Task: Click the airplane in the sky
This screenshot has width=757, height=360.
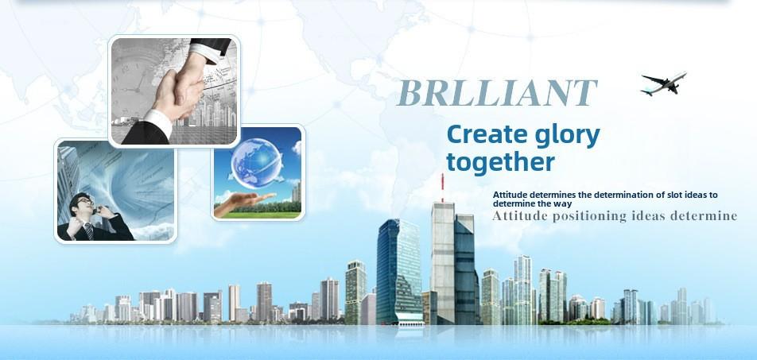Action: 664,83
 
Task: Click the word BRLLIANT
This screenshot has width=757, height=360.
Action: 497,93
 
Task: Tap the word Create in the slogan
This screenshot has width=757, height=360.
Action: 487,135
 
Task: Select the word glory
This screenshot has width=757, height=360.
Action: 568,137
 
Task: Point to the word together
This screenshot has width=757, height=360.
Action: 501,162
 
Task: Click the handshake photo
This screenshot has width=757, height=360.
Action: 174,91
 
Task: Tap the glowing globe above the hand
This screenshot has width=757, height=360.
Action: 256,163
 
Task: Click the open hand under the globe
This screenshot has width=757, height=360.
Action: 245,203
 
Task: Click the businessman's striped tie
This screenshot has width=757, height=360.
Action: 89,231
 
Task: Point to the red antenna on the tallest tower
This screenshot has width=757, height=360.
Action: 442,188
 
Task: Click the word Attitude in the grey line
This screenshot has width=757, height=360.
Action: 519,215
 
